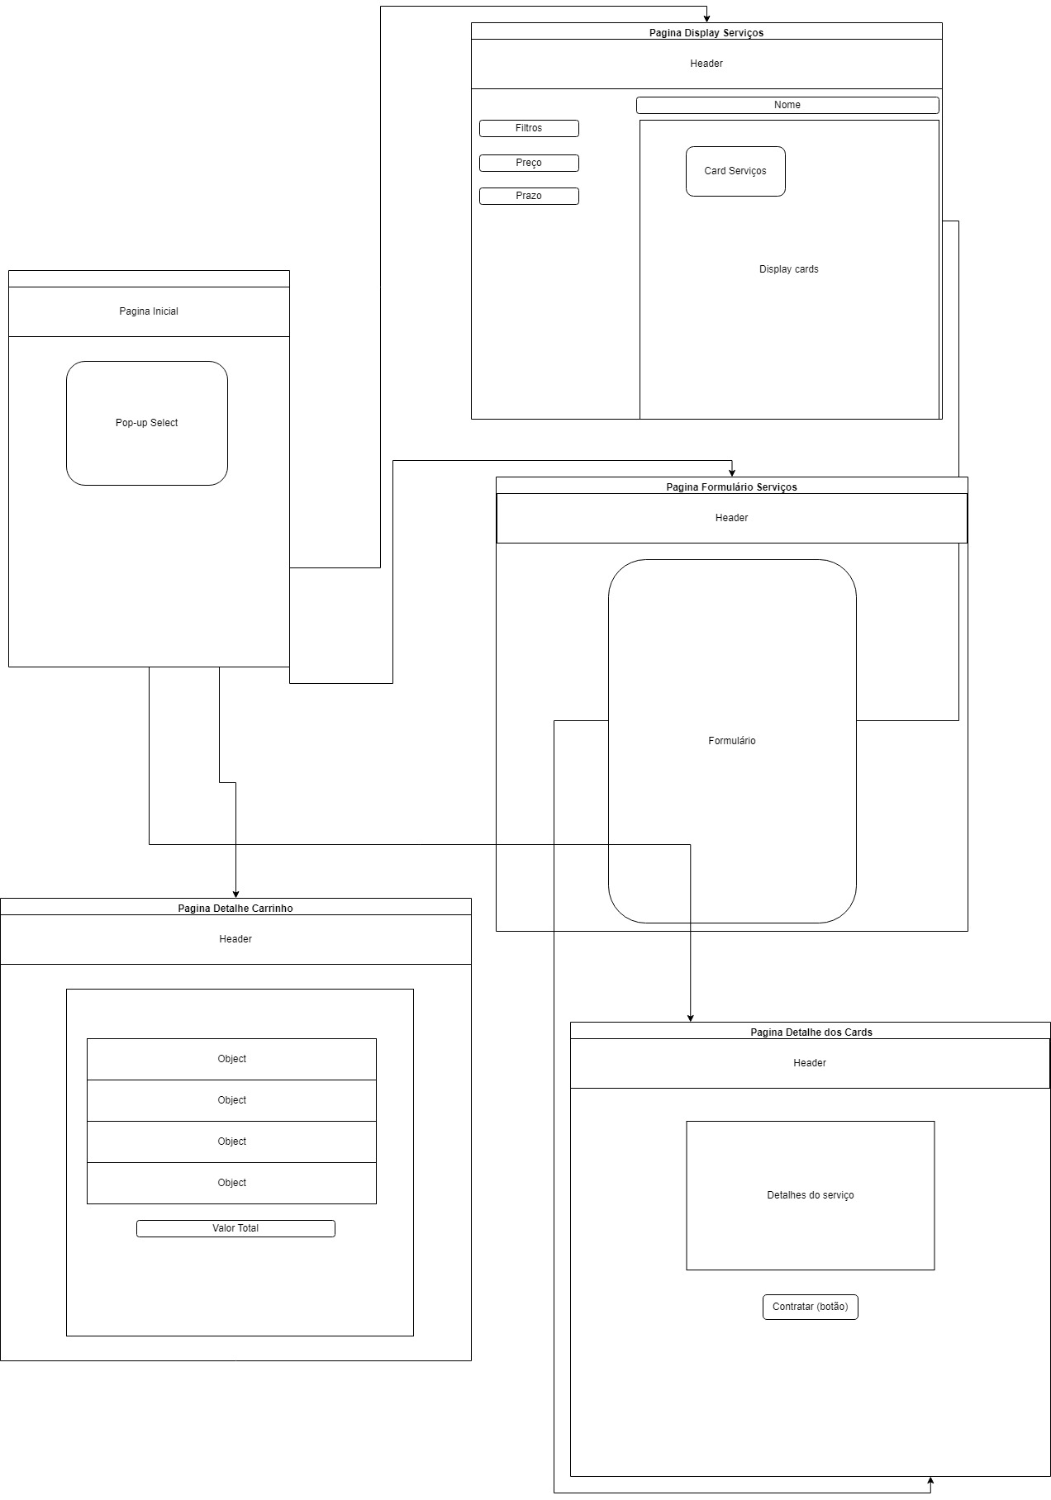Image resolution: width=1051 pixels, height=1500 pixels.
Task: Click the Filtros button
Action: pos(529,128)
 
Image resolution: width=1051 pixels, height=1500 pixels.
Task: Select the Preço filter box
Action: pos(529,163)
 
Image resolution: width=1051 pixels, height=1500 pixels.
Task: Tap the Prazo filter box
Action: pos(529,196)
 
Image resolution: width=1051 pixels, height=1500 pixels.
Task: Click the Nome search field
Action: pos(787,105)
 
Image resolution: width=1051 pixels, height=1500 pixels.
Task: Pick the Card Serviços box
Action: pos(735,171)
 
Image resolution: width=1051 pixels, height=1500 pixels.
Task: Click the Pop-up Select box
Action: pos(147,423)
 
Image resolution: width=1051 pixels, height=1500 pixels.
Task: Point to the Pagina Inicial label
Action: pos(149,311)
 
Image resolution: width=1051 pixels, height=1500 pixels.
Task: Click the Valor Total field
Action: pos(235,1228)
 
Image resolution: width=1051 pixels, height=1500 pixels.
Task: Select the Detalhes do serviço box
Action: pos(810,1195)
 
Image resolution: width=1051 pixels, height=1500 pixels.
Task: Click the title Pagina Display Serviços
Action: pos(706,33)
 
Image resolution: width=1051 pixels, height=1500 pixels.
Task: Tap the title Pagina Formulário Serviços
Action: pos(731,487)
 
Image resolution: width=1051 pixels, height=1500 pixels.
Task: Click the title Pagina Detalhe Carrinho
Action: pos(235,909)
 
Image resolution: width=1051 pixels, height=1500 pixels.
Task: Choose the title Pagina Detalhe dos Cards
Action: pos(811,1032)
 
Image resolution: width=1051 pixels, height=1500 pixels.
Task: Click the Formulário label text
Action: pos(732,741)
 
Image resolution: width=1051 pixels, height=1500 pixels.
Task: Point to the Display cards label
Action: pos(789,269)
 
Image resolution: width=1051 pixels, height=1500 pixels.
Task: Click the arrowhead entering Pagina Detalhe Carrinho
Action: pos(235,894)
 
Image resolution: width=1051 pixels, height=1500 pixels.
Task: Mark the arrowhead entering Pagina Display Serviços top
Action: pos(706,18)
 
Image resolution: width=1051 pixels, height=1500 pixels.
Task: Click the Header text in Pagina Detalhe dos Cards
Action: pos(810,1063)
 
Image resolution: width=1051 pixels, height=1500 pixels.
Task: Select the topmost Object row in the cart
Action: pos(231,1059)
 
